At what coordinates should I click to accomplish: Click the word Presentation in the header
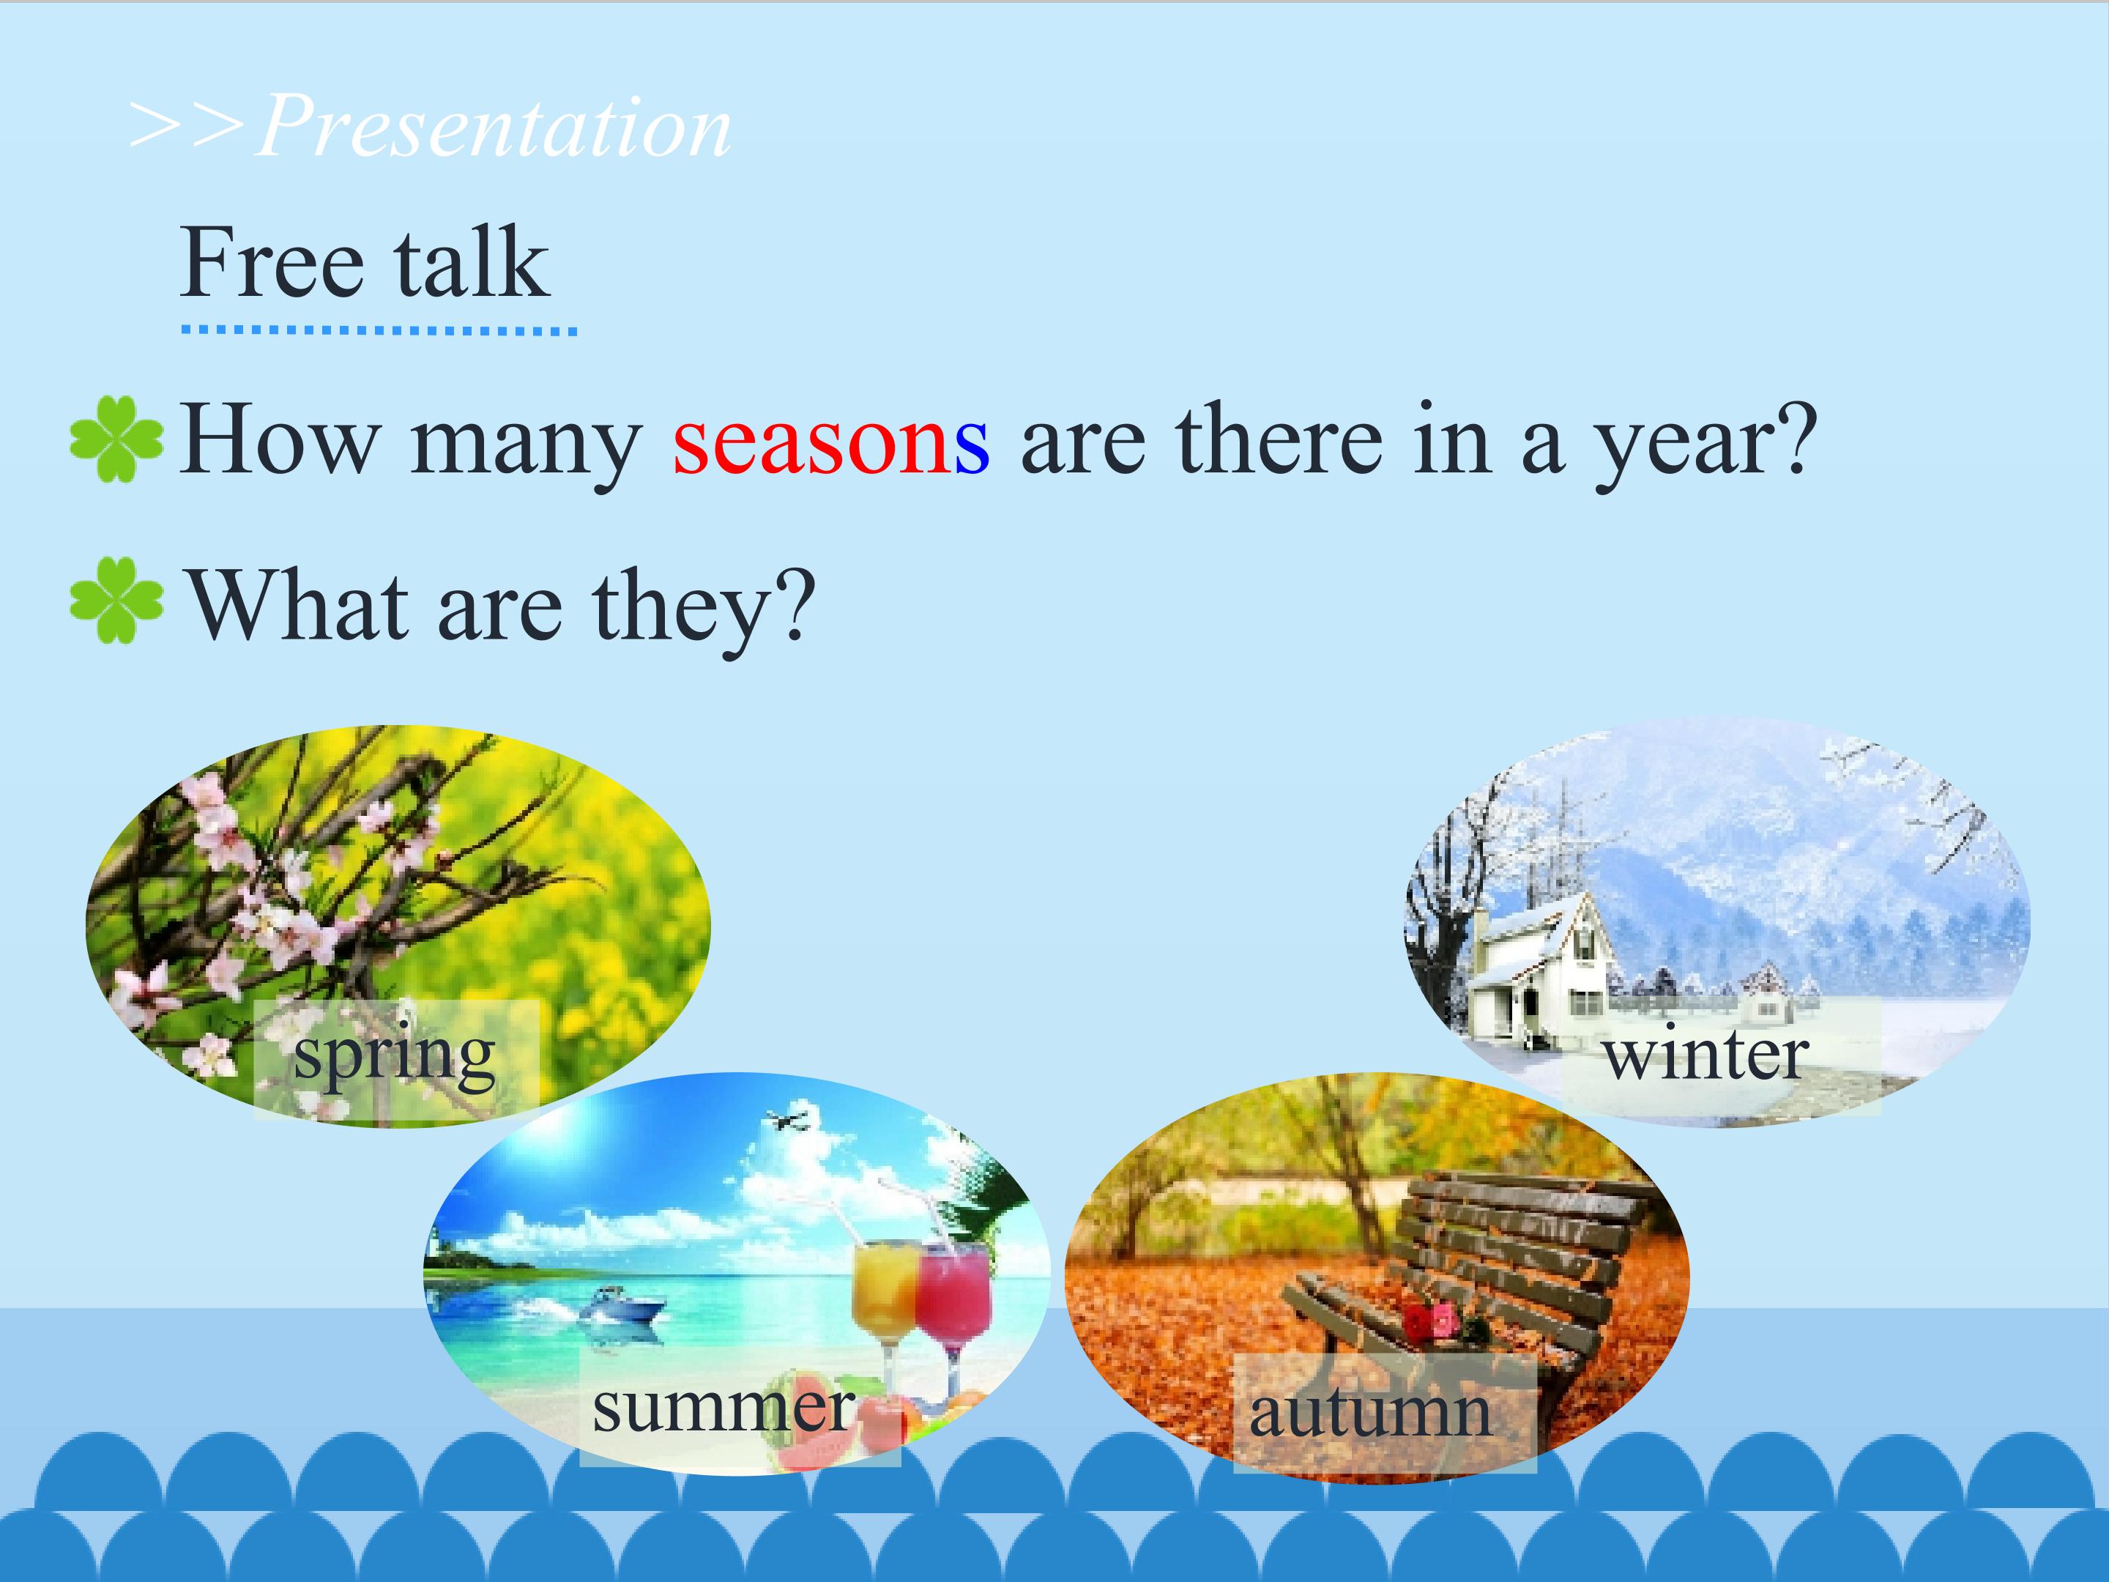coord(494,126)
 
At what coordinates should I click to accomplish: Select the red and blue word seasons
coord(830,441)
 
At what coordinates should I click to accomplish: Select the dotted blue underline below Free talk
coord(379,331)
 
